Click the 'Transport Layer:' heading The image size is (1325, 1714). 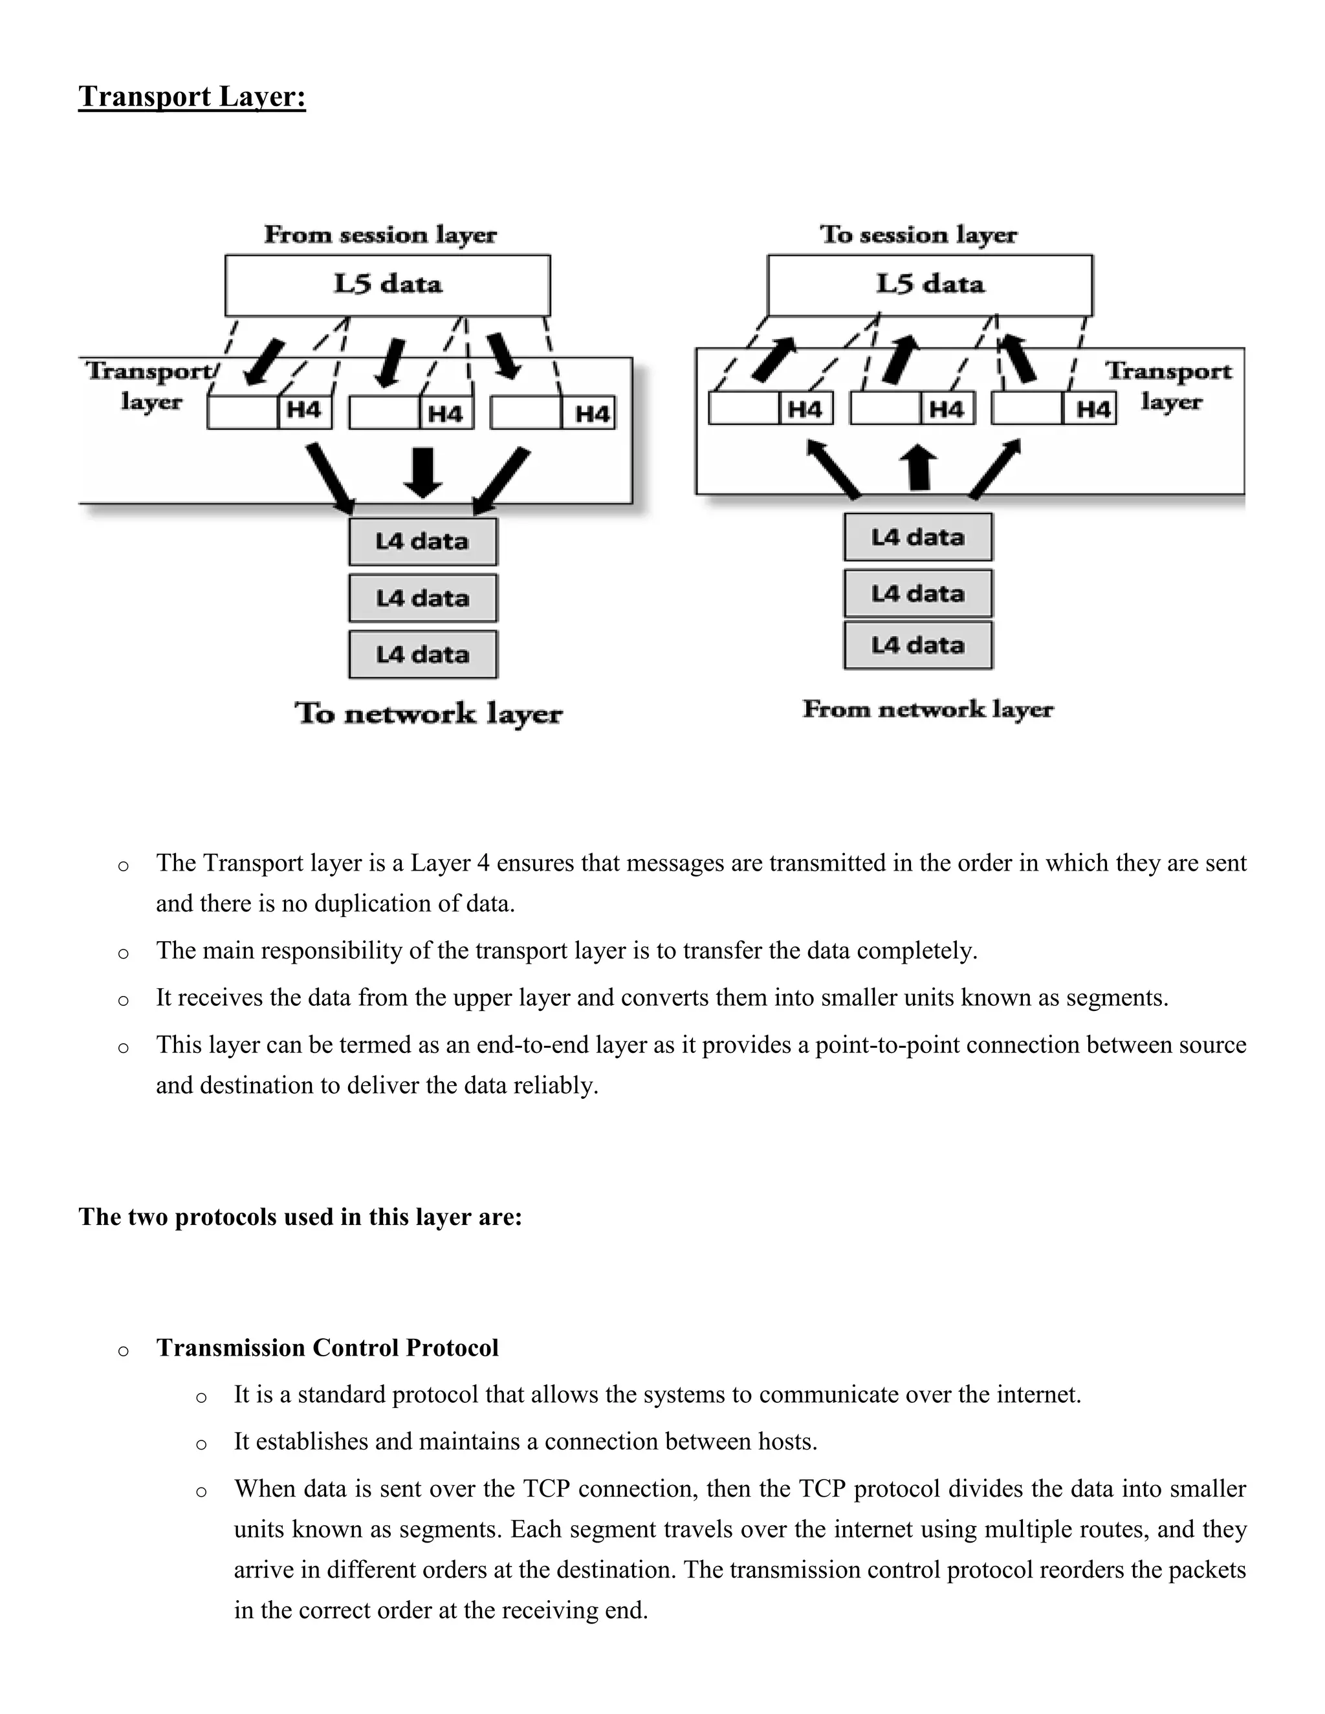click(x=192, y=96)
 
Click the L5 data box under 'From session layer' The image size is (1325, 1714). click(x=387, y=285)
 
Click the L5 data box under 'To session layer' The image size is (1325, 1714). click(x=930, y=285)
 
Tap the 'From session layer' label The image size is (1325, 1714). click(x=380, y=235)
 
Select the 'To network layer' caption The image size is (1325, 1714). click(x=428, y=713)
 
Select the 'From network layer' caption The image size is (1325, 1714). click(x=928, y=710)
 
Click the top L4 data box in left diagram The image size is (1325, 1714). click(x=422, y=541)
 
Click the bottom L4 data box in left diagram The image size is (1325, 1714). click(x=422, y=655)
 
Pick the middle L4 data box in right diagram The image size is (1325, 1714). click(x=917, y=594)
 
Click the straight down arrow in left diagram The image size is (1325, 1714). click(x=422, y=472)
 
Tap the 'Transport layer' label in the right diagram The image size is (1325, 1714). click(x=1170, y=386)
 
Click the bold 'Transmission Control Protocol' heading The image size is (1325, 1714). click(x=327, y=1347)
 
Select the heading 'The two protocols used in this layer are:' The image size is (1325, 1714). click(x=300, y=1217)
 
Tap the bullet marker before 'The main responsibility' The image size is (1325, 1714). click(x=123, y=953)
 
